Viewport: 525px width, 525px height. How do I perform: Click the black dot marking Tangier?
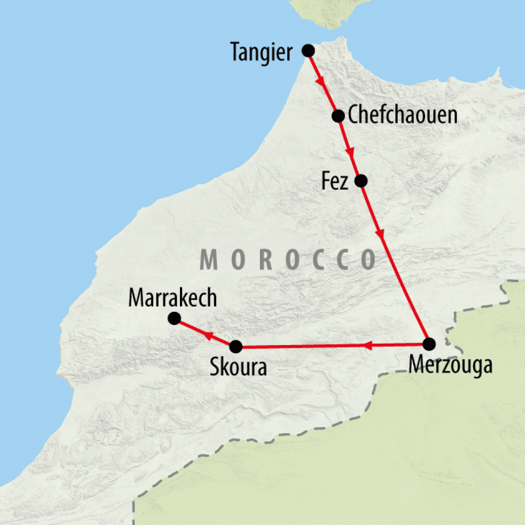308,50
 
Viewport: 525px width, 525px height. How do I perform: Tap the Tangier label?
261,52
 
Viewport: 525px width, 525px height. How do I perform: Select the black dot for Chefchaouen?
338,116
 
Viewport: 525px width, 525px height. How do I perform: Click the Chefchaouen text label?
402,115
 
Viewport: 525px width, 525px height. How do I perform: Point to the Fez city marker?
361,180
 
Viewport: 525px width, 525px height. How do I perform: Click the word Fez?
335,182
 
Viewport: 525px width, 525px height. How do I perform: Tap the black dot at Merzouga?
429,344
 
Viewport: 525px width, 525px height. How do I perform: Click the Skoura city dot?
235,347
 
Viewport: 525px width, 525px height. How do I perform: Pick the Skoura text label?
238,368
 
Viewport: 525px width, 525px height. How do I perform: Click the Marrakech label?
173,298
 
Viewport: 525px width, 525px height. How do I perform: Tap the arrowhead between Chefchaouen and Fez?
350,152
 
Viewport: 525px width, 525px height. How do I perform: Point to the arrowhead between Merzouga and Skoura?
368,346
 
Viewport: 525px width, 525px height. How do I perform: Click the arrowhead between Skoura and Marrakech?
209,335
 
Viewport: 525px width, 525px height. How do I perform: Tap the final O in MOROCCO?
368,260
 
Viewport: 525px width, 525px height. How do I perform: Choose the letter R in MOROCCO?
265,260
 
